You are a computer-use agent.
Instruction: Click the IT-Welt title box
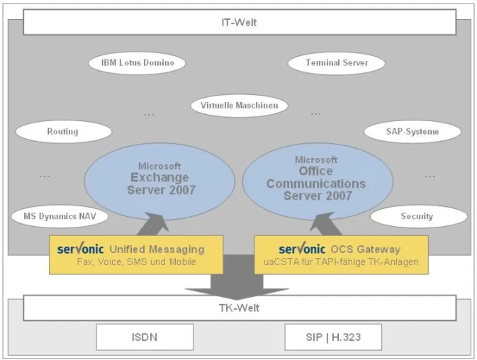(240, 22)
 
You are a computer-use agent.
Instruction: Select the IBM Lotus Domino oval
(137, 63)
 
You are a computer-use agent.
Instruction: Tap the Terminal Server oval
(337, 63)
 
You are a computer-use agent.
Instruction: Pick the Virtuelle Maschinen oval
(239, 106)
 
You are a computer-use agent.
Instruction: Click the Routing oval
(64, 132)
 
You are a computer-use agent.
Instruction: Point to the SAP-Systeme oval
(413, 132)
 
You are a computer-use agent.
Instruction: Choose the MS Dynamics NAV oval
(60, 216)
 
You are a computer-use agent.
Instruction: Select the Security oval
(419, 216)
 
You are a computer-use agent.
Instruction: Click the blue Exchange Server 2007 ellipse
(159, 181)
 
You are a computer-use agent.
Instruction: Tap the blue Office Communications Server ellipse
(318, 181)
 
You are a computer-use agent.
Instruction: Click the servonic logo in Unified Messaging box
(80, 249)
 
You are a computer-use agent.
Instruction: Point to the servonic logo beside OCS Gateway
(302, 249)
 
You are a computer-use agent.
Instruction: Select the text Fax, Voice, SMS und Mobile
(136, 261)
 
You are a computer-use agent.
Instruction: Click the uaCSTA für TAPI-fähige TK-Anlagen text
(341, 261)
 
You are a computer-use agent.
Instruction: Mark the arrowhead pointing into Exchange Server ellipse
(155, 221)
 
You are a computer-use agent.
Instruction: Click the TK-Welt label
(239, 308)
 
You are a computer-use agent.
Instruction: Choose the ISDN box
(145, 337)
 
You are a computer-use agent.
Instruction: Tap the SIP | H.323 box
(333, 337)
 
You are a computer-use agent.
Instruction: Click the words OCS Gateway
(365, 249)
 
